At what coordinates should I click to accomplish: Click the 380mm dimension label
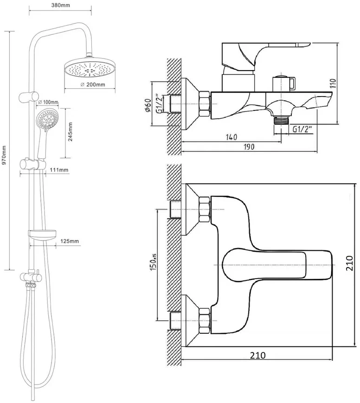pyautogui.click(x=60, y=5)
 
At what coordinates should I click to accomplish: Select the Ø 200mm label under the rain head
pyautogui.click(x=93, y=84)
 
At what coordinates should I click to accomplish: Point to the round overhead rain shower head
pyautogui.click(x=90, y=68)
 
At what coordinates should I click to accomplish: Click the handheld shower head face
pyautogui.click(x=47, y=119)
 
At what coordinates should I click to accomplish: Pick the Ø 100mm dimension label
pyautogui.click(x=48, y=102)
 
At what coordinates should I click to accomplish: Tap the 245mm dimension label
pyautogui.click(x=71, y=132)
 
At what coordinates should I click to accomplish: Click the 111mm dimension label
pyautogui.click(x=59, y=170)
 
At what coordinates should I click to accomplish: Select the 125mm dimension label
pyautogui.click(x=70, y=241)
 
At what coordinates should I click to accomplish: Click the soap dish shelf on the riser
pyautogui.click(x=42, y=234)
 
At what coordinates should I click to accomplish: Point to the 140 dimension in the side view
pyautogui.click(x=231, y=137)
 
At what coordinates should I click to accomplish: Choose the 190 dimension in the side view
pyautogui.click(x=249, y=147)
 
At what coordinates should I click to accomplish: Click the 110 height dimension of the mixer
pyautogui.click(x=333, y=84)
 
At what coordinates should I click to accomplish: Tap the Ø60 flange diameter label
pyautogui.click(x=148, y=104)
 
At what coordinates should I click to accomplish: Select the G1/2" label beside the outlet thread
pyautogui.click(x=302, y=129)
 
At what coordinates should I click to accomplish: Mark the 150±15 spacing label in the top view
pyautogui.click(x=153, y=262)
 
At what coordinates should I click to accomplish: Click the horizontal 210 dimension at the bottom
pyautogui.click(x=257, y=355)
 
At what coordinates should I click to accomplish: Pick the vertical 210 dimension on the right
pyautogui.click(x=349, y=263)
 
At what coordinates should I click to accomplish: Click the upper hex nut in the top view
pyautogui.click(x=205, y=209)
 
